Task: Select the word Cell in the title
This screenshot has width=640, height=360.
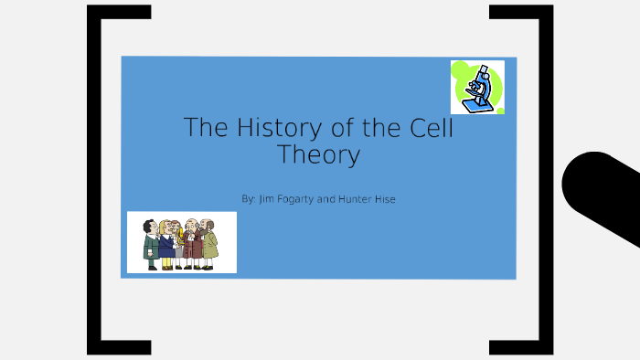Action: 429,127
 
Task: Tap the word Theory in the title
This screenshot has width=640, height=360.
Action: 318,154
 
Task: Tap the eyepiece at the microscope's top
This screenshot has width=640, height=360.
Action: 482,69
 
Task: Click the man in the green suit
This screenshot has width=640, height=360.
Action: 151,244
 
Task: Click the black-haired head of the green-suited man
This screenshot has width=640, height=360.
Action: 149,225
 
